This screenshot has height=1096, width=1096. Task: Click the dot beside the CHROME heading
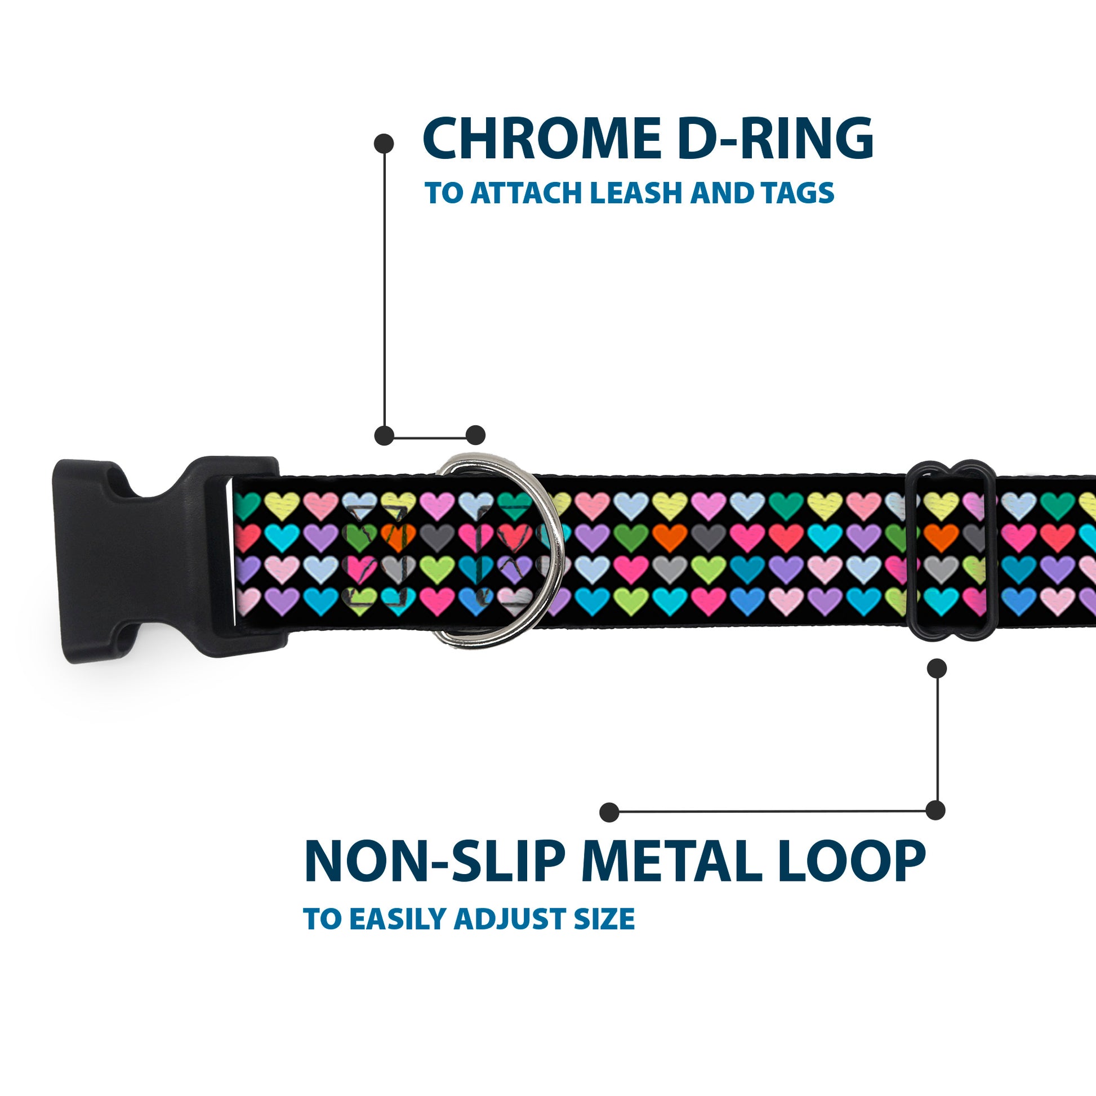384,144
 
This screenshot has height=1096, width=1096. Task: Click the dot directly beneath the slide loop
937,669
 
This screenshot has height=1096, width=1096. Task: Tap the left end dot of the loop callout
609,812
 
